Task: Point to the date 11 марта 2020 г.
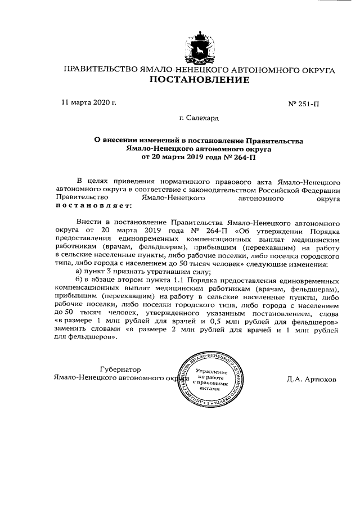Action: point(88,103)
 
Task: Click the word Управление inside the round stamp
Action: point(211,372)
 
